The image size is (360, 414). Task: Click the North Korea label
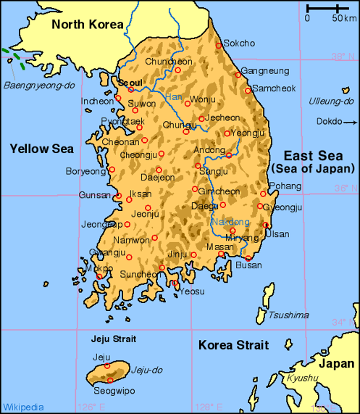(88, 25)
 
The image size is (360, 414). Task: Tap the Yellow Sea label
(42, 149)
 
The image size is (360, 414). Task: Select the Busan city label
(249, 266)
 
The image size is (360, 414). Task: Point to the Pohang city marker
(263, 194)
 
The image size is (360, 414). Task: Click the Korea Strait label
(233, 345)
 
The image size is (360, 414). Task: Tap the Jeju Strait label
(114, 339)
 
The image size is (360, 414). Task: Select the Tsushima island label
(288, 315)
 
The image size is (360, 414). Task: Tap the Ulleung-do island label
(330, 102)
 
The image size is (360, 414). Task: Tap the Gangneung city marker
(237, 74)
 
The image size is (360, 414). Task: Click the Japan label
(338, 364)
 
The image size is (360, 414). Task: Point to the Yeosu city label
(192, 291)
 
